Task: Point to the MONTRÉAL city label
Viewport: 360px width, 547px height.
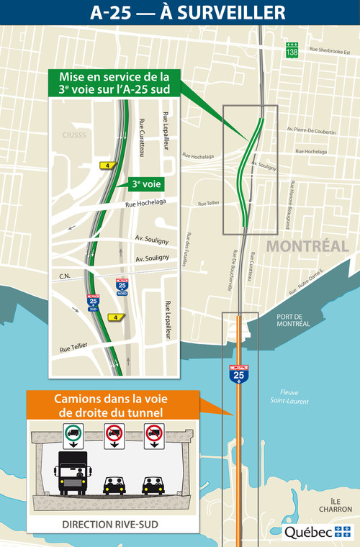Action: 307,246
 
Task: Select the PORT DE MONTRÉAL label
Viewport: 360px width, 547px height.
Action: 293,320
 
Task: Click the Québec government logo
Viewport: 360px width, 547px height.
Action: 317,532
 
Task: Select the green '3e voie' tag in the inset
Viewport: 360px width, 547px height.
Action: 147,184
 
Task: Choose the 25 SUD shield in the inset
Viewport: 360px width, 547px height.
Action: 94,302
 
